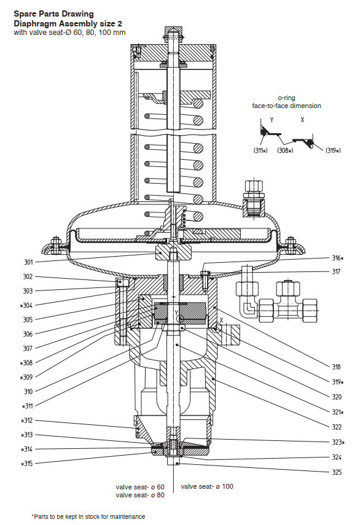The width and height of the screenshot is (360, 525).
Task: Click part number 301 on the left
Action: click(x=28, y=262)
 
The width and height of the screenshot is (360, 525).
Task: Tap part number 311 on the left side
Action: click(x=27, y=406)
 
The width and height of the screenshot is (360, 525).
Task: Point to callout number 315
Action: click(x=27, y=464)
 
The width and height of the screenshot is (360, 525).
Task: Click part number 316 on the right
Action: click(x=337, y=258)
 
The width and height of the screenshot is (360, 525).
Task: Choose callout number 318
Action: click(x=336, y=367)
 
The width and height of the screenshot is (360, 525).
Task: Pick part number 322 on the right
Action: click(x=337, y=427)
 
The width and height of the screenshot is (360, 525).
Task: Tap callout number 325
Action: click(x=337, y=472)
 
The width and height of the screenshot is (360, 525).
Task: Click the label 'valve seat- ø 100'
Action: click(x=207, y=486)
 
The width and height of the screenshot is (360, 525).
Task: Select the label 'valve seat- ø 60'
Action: click(x=140, y=486)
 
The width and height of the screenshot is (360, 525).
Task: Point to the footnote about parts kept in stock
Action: click(x=88, y=516)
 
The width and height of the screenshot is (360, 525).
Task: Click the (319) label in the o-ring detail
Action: click(x=333, y=150)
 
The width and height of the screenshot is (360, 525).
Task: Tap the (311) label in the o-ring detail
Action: click(x=260, y=150)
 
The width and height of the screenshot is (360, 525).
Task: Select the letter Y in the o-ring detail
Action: click(x=272, y=120)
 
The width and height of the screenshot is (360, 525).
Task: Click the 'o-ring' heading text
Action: click(x=286, y=98)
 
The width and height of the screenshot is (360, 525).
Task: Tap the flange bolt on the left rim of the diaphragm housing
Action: click(x=55, y=244)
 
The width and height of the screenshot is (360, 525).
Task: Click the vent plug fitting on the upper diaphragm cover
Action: click(x=254, y=198)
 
